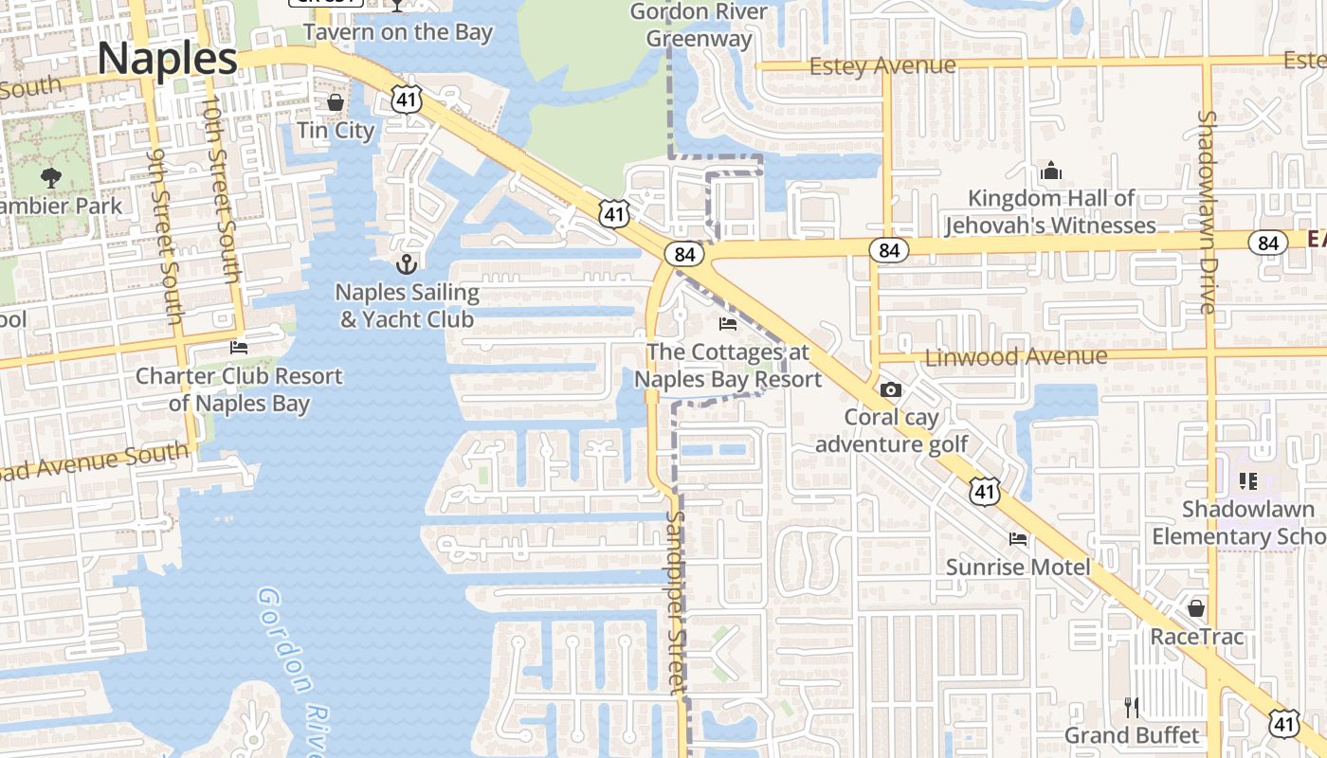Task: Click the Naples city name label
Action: (168, 59)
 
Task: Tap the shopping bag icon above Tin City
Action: (336, 101)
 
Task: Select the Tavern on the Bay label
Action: (398, 32)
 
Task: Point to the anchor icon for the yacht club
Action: (407, 263)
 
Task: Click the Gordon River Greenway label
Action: (699, 26)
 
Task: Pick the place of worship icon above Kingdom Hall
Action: (1050, 171)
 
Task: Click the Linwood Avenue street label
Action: (1016, 357)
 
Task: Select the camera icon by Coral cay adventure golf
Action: (890, 389)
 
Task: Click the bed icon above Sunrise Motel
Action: (1018, 539)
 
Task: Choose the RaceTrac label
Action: (1196, 636)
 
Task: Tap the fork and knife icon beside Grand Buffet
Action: (1131, 707)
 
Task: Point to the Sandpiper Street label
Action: (675, 603)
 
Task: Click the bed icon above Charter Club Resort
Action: (239, 348)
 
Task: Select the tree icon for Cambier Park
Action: (51, 177)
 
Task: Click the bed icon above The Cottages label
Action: (727, 324)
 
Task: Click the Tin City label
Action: (336, 130)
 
